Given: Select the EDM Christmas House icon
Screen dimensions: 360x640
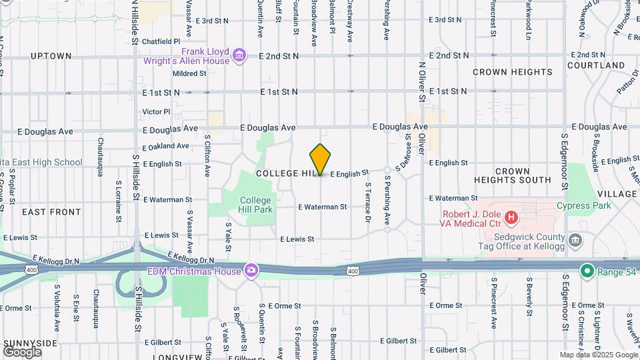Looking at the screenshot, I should point(251,270).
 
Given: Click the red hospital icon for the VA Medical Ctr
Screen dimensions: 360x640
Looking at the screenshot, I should point(511,217).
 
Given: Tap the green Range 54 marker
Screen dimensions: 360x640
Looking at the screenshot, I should point(587,271).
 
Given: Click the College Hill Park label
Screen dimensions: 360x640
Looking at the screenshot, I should point(256,205).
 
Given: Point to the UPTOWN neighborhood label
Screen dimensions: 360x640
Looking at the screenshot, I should point(51,56).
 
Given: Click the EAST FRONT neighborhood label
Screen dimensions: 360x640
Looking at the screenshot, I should point(51,212).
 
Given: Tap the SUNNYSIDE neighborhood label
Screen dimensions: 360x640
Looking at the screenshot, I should point(31,343).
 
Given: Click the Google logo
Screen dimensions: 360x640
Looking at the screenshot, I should point(22,352).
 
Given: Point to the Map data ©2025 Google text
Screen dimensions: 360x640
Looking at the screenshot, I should point(598,355).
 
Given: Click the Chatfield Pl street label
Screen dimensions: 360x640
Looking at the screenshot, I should point(161,41).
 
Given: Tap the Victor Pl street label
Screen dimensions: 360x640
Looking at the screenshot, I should point(157,111).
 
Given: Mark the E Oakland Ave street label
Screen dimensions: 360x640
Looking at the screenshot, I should point(166,146).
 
